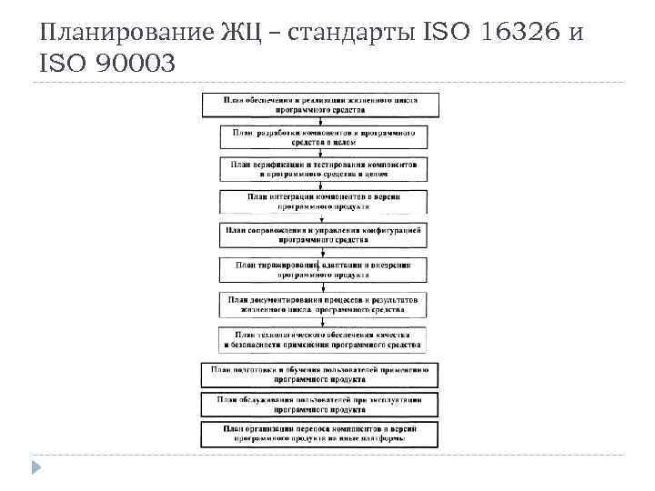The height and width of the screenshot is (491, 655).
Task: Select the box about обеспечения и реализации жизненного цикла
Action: tap(321, 103)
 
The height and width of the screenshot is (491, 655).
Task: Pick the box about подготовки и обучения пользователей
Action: tap(321, 374)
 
